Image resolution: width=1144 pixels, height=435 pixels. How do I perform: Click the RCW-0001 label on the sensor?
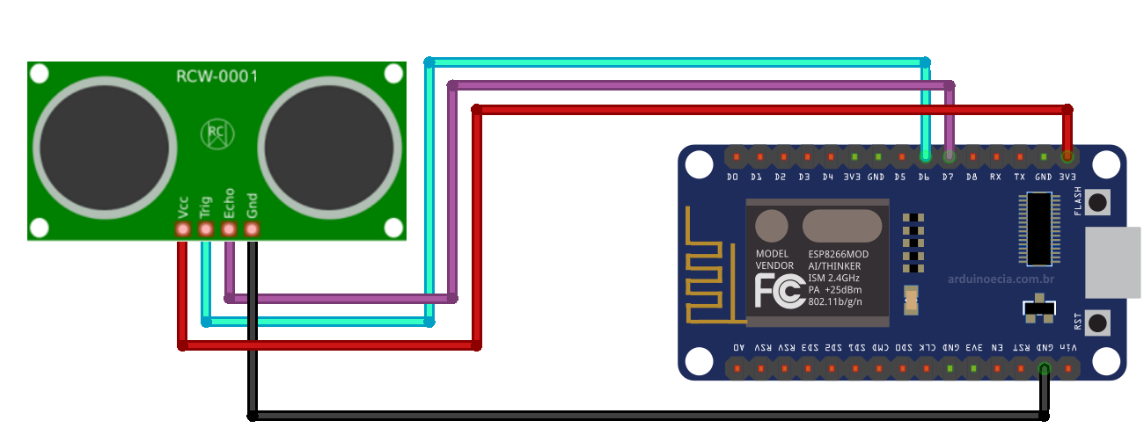coord(216,76)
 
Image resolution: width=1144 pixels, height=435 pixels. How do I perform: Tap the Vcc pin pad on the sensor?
coord(183,229)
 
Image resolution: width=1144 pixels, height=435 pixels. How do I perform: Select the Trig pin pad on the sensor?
coord(206,229)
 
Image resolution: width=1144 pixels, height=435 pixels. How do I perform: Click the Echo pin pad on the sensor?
coord(229,229)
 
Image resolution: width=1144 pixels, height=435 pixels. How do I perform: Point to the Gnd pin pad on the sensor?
coord(252,229)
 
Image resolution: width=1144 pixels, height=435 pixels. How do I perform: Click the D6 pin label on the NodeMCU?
coord(924,177)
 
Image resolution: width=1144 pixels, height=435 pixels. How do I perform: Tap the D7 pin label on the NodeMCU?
coord(948,177)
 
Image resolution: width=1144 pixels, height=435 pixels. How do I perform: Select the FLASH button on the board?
coord(1097,203)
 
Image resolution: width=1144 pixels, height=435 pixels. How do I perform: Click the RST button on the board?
coord(1097,323)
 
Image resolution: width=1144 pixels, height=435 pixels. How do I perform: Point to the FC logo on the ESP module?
coord(778,290)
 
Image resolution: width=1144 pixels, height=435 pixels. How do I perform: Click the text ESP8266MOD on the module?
coord(838,254)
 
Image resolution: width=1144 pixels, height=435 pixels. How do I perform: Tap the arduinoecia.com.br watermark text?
coord(1001,279)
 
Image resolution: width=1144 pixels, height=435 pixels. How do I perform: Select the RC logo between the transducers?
coord(216,134)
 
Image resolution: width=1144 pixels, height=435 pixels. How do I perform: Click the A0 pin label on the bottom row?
coord(737,348)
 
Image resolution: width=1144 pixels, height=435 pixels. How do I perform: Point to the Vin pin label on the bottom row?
coord(1067,348)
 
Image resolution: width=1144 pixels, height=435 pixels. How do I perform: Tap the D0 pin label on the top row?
coord(732,177)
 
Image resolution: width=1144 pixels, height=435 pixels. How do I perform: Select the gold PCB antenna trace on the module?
coord(708,268)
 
